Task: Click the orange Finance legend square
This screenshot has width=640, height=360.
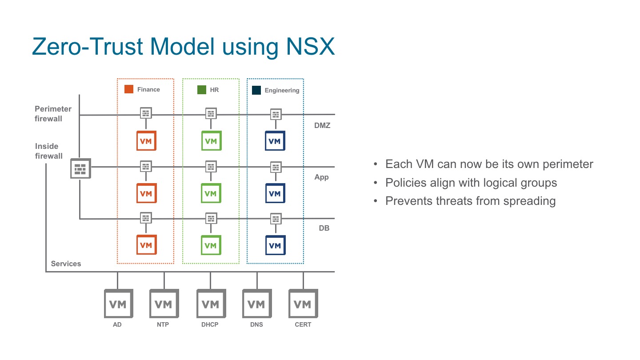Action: (x=129, y=89)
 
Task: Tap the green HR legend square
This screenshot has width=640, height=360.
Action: (x=202, y=89)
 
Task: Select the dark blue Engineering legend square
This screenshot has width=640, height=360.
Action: (x=256, y=90)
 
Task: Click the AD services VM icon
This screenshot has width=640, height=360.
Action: (x=118, y=304)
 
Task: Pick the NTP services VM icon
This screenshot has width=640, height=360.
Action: (x=164, y=304)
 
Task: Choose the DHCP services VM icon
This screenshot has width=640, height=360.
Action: (x=210, y=304)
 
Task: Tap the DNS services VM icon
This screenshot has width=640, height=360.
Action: (x=256, y=304)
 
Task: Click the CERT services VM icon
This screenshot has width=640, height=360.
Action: (x=303, y=304)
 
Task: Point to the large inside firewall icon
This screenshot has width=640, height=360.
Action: (x=80, y=168)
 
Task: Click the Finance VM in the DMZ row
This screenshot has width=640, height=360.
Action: (x=146, y=141)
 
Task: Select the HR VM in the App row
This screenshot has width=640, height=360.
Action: (x=211, y=193)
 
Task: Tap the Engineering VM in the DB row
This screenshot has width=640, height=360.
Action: (x=275, y=245)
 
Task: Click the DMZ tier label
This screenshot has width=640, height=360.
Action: (x=322, y=126)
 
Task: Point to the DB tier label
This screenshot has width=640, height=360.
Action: (x=324, y=228)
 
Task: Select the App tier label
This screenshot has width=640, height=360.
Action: (x=321, y=177)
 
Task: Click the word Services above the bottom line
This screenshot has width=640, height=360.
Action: (x=66, y=264)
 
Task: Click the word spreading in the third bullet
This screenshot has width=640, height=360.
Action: (x=529, y=201)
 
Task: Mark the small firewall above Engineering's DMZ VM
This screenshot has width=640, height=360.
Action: (x=276, y=114)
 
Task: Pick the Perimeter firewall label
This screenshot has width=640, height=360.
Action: (x=53, y=114)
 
